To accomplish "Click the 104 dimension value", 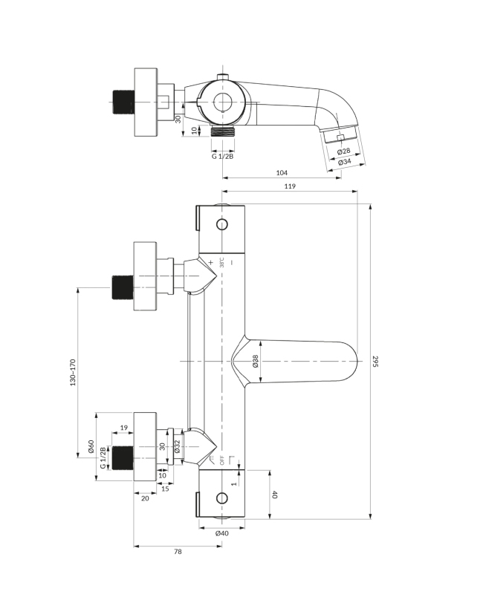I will [282, 172].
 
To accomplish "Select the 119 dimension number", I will [290, 186].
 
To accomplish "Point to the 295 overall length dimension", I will [375, 362].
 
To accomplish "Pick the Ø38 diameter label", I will [255, 362].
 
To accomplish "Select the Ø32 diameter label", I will [177, 446].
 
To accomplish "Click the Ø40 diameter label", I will [221, 533].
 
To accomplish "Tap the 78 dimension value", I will [178, 552].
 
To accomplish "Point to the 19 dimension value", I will [123, 428].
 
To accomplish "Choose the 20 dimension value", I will [144, 498].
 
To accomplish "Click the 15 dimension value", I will [165, 488].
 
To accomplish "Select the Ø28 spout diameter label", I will [343, 151].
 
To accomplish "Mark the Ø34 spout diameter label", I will [344, 161].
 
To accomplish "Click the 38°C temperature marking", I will [221, 263].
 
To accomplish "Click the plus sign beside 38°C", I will [211, 262].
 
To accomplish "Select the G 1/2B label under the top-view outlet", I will [222, 155].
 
